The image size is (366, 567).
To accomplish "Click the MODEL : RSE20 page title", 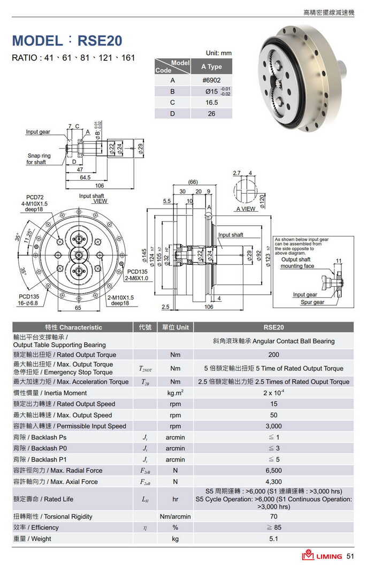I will click(x=67, y=41).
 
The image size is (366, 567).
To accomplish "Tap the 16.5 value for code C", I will click(x=212, y=102).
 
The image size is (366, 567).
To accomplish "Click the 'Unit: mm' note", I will click(x=219, y=53).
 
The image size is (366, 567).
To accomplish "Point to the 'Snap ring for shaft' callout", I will click(x=39, y=159).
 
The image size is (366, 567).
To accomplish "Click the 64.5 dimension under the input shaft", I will click(x=85, y=177).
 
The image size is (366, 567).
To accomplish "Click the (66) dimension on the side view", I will click(x=193, y=183).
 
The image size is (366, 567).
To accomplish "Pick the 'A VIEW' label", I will click(x=246, y=209).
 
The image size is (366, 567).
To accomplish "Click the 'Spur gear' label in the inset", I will click(x=312, y=302).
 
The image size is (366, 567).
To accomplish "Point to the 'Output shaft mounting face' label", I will click(x=298, y=263).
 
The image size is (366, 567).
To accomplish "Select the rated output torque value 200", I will click(x=273, y=355).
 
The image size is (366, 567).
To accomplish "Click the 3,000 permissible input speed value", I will click(x=273, y=426).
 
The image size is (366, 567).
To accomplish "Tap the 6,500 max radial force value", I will click(x=273, y=471).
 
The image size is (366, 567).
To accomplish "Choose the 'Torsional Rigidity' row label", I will click(x=52, y=517).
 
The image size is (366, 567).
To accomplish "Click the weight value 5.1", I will click(x=273, y=539).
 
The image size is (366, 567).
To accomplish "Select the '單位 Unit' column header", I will click(x=175, y=327).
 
